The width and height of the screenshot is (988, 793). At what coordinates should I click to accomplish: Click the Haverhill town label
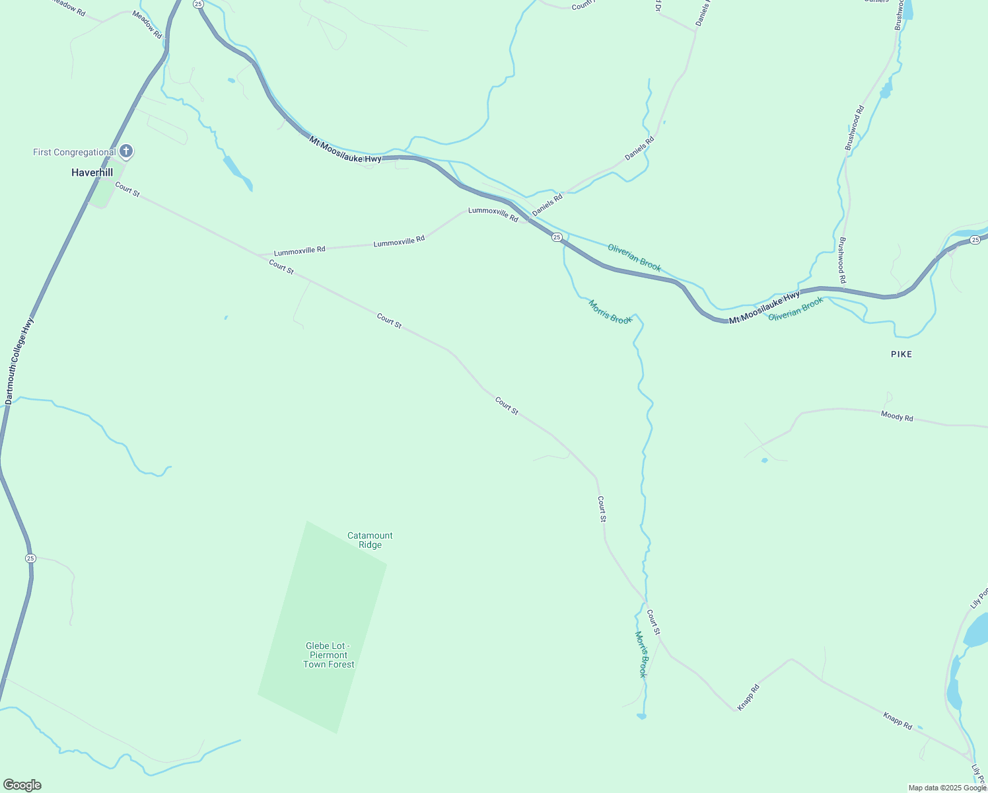[x=92, y=172]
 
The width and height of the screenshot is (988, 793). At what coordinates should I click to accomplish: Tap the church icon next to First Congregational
[x=126, y=151]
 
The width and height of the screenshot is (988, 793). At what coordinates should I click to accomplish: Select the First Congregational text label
[x=74, y=152]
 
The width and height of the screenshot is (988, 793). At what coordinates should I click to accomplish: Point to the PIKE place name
[x=901, y=354]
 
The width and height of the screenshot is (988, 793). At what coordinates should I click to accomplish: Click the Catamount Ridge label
[x=370, y=540]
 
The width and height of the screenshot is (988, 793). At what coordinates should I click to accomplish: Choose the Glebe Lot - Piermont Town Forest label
[x=328, y=655]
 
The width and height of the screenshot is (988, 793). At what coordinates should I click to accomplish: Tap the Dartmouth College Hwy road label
[x=19, y=361]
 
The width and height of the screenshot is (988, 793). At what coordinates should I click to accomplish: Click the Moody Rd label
[x=896, y=416]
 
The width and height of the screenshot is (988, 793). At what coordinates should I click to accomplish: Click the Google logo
[x=22, y=785]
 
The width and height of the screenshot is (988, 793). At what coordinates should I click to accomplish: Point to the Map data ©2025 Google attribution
[x=947, y=788]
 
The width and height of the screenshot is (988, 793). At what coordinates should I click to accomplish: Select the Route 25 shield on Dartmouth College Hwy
[x=30, y=558]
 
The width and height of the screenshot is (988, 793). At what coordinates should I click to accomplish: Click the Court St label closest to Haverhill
[x=127, y=189]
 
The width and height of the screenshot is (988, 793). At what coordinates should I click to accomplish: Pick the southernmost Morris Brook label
[x=641, y=654]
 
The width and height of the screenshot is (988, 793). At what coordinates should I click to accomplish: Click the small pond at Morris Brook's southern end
[x=641, y=716]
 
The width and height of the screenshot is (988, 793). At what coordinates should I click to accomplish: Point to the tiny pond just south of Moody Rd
[x=764, y=460]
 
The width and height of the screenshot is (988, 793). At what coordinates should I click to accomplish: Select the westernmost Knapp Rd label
[x=749, y=697]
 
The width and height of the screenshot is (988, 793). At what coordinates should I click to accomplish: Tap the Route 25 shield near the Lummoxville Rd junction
[x=557, y=237]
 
